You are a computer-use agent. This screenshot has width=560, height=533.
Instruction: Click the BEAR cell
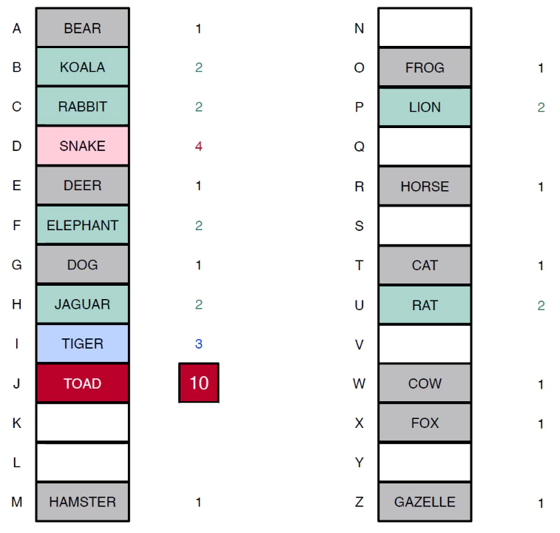pos(83,28)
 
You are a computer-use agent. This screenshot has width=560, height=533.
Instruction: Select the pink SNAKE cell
pos(83,146)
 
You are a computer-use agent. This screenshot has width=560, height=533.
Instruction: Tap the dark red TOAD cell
pos(83,383)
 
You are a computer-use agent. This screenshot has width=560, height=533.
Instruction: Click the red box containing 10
pos(199,383)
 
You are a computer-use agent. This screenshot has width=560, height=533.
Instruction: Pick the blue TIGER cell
pos(83,343)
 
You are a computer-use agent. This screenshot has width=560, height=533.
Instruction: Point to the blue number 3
pos(199,344)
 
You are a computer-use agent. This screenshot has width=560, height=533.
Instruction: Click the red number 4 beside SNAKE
pos(199,147)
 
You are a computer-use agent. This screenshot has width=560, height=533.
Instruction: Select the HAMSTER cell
pos(83,502)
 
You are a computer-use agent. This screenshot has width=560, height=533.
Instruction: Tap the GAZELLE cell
pos(425,502)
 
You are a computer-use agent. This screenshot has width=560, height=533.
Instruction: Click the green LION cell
pos(425,107)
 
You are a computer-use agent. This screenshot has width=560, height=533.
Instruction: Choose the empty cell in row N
pos(425,28)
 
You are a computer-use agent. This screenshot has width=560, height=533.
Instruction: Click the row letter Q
pos(360,147)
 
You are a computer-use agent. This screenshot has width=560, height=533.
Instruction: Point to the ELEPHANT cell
pos(83,225)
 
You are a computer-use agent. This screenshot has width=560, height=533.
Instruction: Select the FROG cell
pos(425,67)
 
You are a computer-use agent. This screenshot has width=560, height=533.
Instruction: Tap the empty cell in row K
pos(83,423)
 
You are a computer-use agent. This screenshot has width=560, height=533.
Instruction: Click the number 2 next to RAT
pos(541,306)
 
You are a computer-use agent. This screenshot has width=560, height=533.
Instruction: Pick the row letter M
pos(17,502)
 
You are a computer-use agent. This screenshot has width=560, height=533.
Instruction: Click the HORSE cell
pos(425,186)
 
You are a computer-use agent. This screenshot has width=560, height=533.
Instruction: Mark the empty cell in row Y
pos(425,462)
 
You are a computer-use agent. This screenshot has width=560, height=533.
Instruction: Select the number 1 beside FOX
pos(541,424)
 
